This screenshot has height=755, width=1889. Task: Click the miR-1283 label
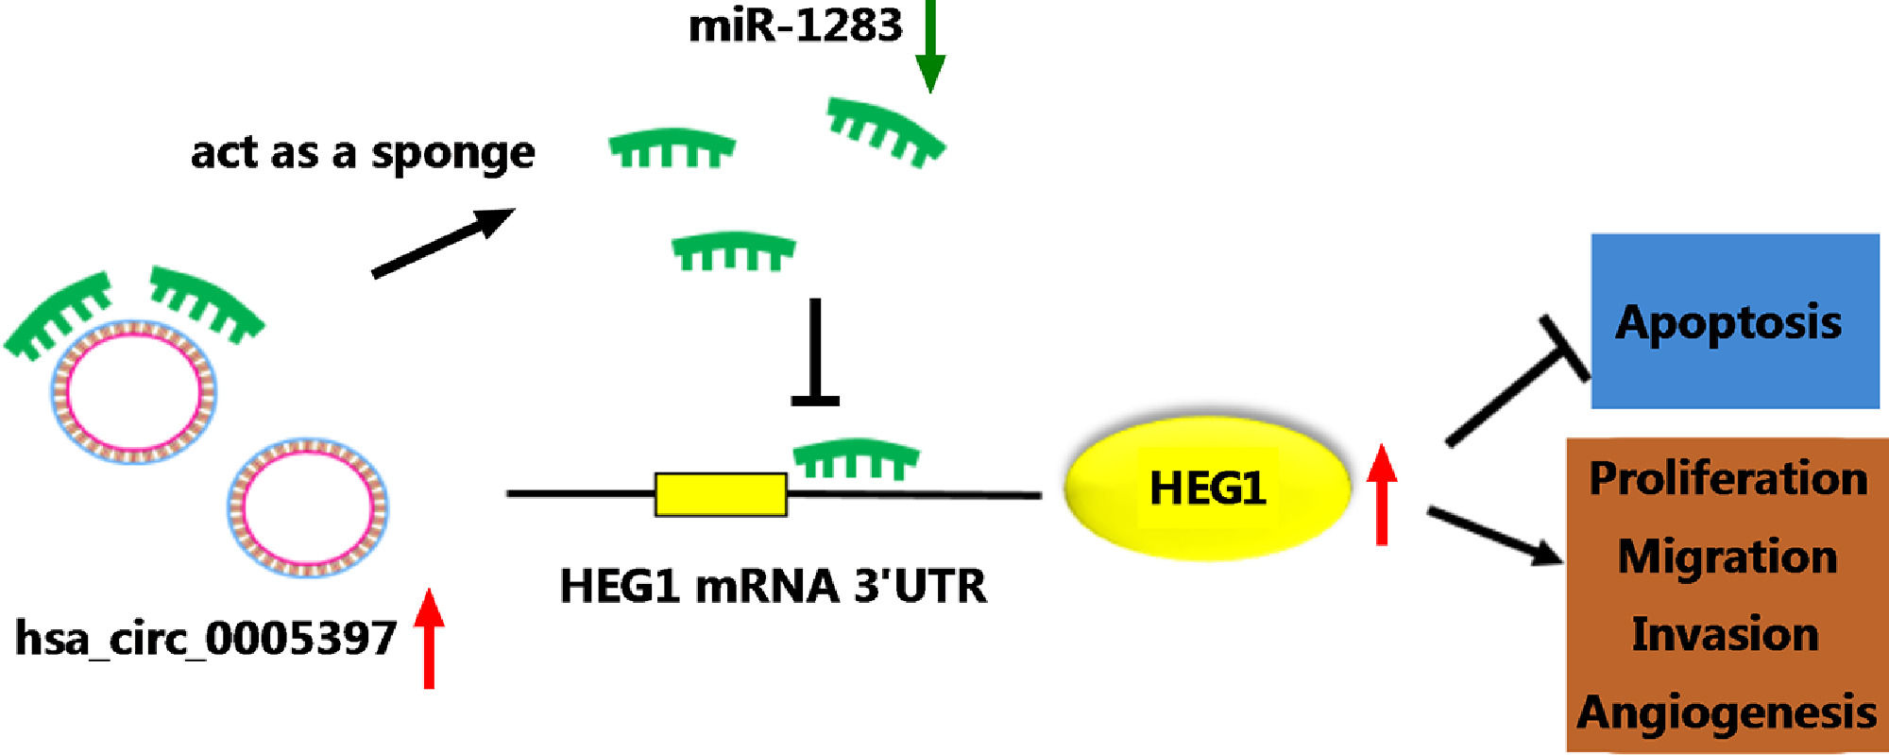click(x=795, y=26)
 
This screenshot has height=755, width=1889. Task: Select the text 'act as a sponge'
click(x=363, y=153)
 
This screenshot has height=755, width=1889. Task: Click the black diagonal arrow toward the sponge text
click(x=442, y=243)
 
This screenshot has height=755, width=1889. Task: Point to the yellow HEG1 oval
click(x=1207, y=489)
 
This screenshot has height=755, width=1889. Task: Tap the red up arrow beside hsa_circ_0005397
click(x=429, y=639)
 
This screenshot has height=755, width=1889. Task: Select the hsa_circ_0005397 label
click(x=206, y=639)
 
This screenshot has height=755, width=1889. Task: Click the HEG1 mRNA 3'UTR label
click(x=773, y=586)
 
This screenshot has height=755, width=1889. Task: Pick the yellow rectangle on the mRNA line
click(x=721, y=494)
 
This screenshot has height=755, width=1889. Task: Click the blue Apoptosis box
click(x=1734, y=321)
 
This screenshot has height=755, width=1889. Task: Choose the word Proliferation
click(x=1727, y=479)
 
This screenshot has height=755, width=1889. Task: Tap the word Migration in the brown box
click(x=1727, y=557)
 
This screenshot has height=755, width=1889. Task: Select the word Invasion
click(x=1726, y=634)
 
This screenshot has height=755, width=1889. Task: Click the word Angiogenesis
click(x=1727, y=712)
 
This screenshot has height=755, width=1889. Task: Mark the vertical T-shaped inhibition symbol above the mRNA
click(x=815, y=354)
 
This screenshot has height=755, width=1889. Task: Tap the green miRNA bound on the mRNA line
click(x=856, y=457)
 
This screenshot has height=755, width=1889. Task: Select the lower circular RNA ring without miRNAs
click(x=307, y=507)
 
